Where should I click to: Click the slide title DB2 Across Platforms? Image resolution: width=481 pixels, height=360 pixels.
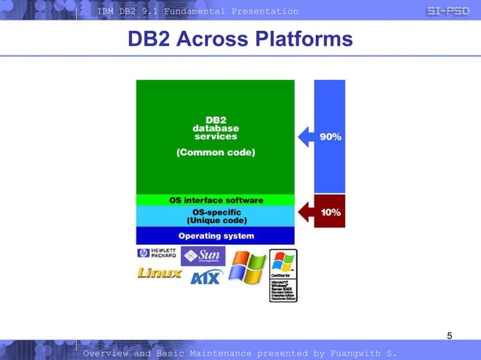[x=240, y=39]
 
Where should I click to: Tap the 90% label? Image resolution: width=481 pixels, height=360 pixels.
[x=331, y=137]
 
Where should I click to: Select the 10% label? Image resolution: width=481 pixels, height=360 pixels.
[x=331, y=212]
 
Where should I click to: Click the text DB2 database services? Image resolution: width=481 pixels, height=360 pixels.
[x=216, y=128]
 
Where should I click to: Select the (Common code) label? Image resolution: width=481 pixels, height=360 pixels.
[x=216, y=152]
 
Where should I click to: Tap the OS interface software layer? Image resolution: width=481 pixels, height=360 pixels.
[x=216, y=200]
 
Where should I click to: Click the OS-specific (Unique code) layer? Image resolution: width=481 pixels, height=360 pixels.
[x=216, y=217]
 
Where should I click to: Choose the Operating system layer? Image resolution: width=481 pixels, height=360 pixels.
[x=216, y=236]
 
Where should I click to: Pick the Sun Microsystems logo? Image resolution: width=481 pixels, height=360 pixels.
[x=203, y=256]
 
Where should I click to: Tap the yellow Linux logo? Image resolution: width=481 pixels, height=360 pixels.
[x=159, y=273]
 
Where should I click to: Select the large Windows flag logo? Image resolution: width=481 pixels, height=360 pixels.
[x=247, y=268]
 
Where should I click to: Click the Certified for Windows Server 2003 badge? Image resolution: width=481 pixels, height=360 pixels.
[x=283, y=275]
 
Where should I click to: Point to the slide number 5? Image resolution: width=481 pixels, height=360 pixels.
[x=450, y=335]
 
